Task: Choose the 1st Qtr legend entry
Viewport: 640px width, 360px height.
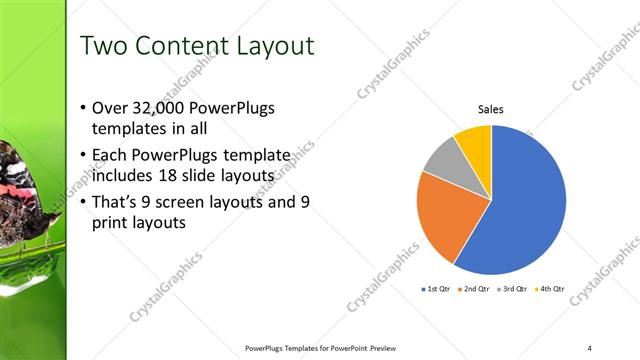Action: pyautogui.click(x=437, y=289)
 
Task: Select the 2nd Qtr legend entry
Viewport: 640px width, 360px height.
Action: pyautogui.click(x=474, y=289)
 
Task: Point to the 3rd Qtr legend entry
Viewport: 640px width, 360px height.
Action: pyautogui.click(x=512, y=289)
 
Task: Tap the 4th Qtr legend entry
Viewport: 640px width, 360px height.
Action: pyautogui.click(x=550, y=289)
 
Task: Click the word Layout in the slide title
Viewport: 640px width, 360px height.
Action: pyautogui.click(x=269, y=46)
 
